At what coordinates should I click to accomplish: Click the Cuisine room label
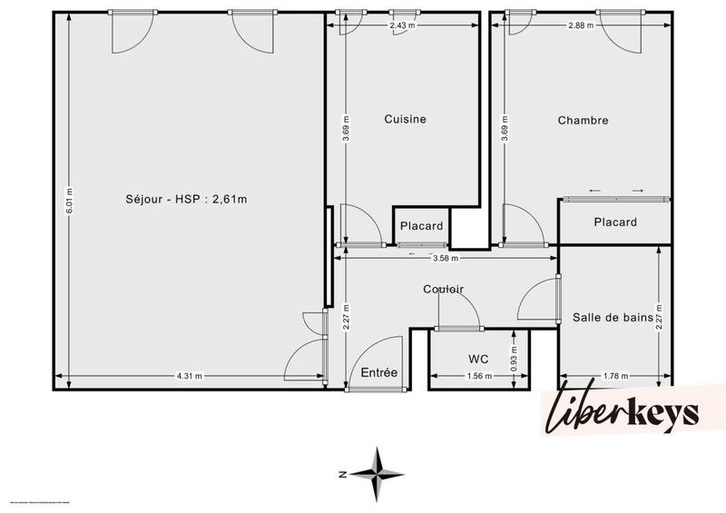[x=405, y=119]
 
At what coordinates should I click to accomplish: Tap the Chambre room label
[x=583, y=120]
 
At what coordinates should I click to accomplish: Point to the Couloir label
[x=443, y=290]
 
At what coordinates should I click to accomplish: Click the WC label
[x=479, y=360]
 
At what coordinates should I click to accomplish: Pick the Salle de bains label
[x=613, y=317]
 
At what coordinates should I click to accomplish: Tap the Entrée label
[x=378, y=372]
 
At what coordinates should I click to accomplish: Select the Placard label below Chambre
[x=614, y=222]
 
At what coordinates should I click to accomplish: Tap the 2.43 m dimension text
[x=403, y=25]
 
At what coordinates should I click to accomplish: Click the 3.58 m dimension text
[x=445, y=258]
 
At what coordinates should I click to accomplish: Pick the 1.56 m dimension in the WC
[x=477, y=376]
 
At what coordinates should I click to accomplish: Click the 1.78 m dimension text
[x=615, y=376]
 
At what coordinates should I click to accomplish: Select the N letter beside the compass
[x=343, y=474]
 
